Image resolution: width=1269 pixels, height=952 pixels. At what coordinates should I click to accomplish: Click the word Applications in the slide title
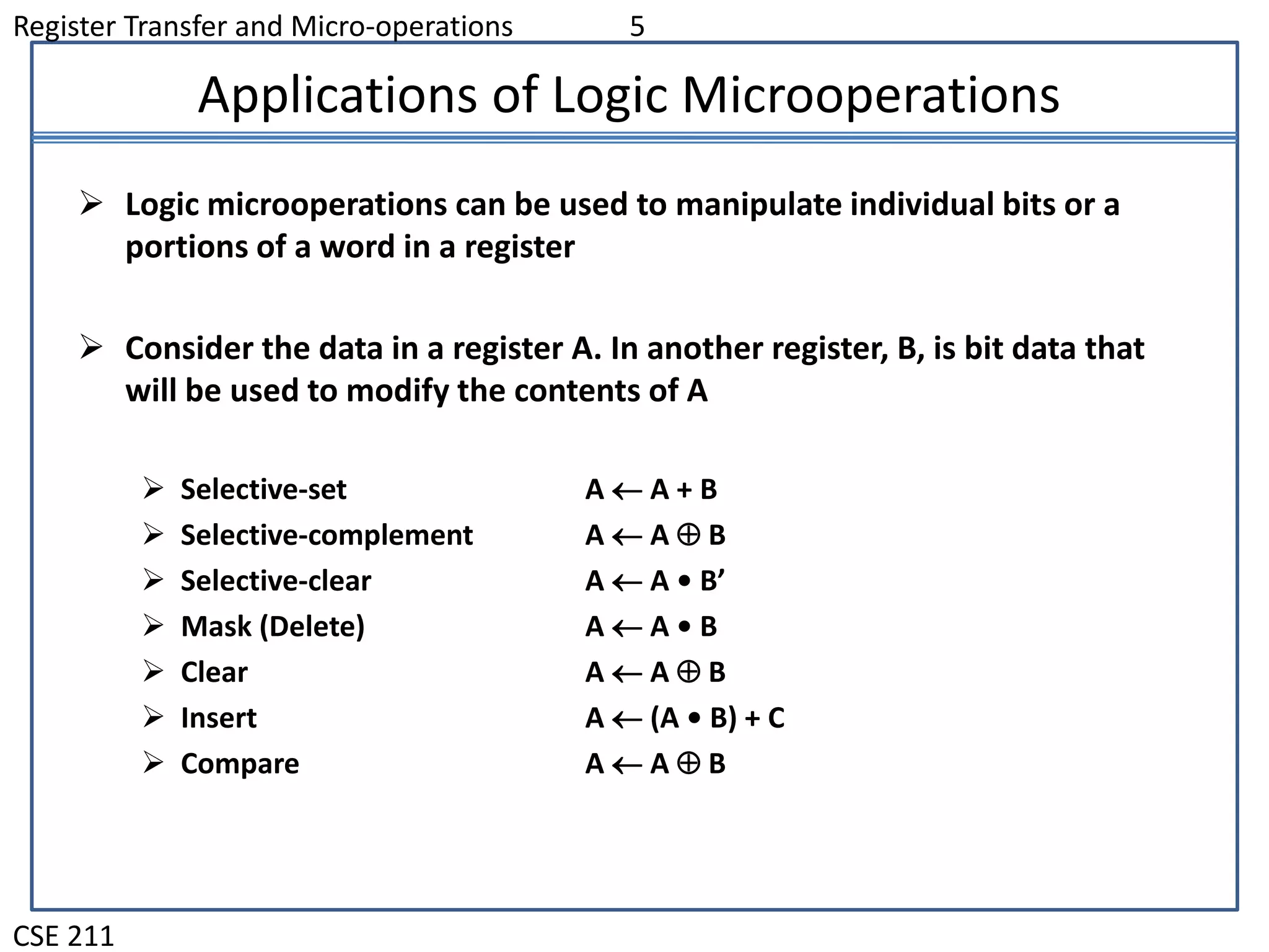337,96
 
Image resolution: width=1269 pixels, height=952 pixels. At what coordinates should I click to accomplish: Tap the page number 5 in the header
637,27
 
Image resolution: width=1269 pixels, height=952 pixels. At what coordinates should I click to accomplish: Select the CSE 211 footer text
64,935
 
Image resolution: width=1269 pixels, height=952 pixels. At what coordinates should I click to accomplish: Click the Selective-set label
263,490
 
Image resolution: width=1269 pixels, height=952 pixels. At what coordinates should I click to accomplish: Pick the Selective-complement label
327,535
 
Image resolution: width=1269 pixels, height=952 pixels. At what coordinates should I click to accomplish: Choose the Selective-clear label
276,581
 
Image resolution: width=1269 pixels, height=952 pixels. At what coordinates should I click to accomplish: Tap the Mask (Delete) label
273,627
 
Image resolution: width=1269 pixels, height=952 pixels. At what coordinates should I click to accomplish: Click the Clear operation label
214,672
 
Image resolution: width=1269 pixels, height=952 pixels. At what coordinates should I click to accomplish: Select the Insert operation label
218,718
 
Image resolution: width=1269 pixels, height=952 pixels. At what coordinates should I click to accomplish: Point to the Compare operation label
240,764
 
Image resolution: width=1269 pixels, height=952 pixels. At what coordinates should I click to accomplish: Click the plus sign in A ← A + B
684,490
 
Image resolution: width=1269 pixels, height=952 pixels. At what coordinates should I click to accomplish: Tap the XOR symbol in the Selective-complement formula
688,535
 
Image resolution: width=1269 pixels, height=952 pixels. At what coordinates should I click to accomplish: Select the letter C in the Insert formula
776,718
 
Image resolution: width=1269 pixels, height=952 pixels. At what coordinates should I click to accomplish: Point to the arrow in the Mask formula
626,628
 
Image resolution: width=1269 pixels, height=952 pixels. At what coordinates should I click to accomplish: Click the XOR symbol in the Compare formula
688,763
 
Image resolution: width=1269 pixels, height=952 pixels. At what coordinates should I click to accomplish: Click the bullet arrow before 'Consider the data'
91,347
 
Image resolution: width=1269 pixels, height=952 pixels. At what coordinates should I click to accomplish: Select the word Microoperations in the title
871,96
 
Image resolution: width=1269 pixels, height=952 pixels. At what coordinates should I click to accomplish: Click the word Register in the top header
64,27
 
